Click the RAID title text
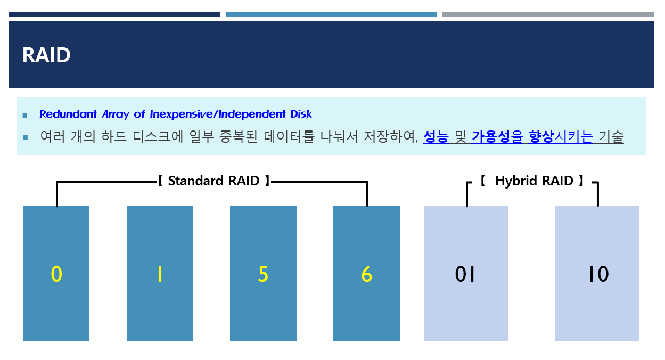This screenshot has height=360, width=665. [46, 55]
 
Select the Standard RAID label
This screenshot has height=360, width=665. [214, 181]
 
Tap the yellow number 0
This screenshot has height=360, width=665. [56, 274]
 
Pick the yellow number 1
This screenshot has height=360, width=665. [159, 274]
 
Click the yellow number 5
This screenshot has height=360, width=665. [263, 274]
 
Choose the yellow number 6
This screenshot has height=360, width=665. [366, 274]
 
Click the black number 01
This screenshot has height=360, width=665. [465, 274]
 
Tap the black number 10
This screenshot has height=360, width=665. [598, 274]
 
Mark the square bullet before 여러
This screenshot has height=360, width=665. [25, 137]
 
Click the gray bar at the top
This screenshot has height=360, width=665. [548, 14]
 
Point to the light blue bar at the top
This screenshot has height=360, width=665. [331, 14]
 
